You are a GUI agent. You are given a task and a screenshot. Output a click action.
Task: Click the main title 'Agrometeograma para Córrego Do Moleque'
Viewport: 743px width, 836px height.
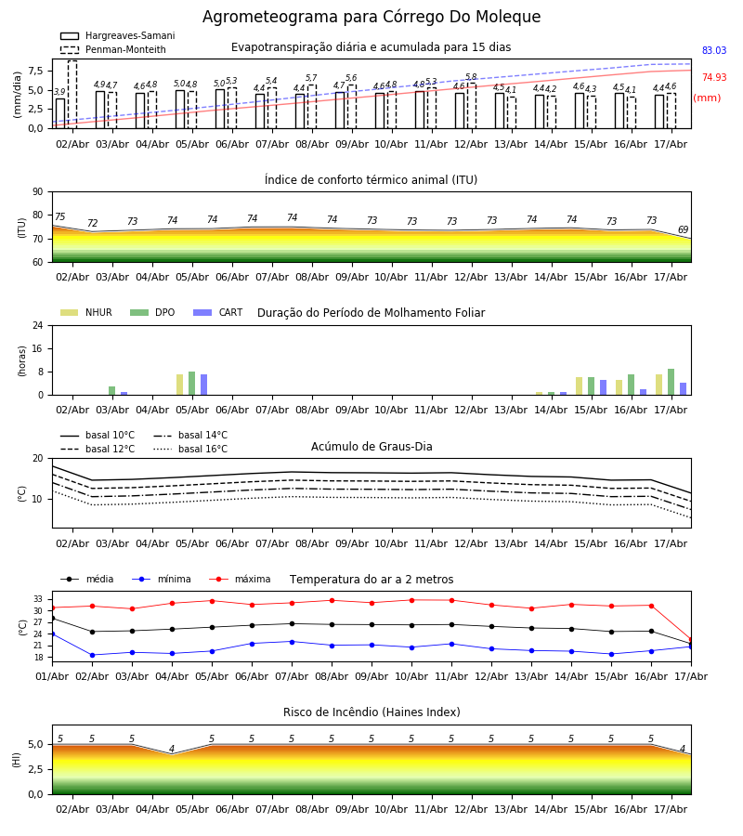click(x=371, y=17)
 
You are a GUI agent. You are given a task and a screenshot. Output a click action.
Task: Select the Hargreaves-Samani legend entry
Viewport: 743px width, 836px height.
click(x=118, y=35)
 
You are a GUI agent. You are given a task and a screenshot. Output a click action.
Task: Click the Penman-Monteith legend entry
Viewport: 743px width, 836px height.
click(x=113, y=49)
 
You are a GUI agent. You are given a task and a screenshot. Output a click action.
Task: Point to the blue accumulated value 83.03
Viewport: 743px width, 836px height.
click(x=714, y=51)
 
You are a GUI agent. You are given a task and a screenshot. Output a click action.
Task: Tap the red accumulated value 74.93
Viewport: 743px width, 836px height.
click(x=714, y=77)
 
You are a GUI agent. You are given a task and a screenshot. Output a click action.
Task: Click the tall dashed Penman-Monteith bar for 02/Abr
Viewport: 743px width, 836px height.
click(x=72, y=95)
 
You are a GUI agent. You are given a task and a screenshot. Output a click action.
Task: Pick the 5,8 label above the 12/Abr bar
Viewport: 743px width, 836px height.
click(x=471, y=77)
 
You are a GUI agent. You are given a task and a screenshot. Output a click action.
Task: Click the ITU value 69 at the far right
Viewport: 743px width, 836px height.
click(x=683, y=229)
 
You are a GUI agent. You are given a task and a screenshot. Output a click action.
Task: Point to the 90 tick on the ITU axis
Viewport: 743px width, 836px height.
click(x=38, y=192)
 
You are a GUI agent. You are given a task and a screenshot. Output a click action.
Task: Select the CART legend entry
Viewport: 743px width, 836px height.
click(x=218, y=312)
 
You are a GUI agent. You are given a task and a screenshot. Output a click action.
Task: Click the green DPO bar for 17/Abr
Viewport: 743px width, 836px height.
click(x=671, y=382)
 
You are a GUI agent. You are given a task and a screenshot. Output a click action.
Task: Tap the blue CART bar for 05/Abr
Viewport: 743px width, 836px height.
click(x=203, y=385)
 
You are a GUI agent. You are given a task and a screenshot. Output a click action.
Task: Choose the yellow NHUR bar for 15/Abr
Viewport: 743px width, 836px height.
click(x=579, y=386)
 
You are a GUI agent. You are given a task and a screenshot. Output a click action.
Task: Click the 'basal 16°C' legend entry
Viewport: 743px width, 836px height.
click(x=190, y=449)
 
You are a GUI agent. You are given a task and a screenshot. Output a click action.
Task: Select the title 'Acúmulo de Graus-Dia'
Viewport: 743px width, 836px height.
click(x=371, y=447)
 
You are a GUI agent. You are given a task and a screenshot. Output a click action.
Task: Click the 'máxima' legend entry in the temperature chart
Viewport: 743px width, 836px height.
click(x=241, y=579)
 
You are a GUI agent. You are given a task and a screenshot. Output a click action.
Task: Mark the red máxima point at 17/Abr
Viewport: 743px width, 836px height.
click(x=691, y=640)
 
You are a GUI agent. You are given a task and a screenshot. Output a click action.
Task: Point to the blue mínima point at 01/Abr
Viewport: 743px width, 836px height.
click(x=52, y=634)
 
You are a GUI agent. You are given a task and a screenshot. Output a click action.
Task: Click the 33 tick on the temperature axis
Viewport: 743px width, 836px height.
click(x=38, y=599)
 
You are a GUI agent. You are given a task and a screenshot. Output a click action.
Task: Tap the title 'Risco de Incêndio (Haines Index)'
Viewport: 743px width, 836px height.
click(x=371, y=712)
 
